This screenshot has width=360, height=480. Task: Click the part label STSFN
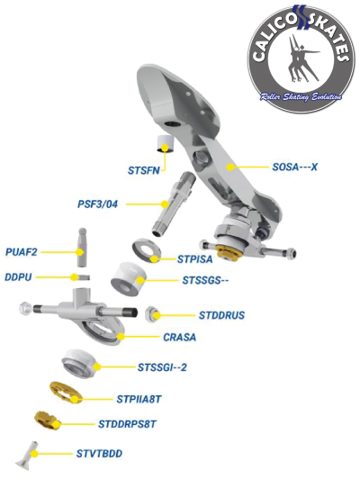[x=144, y=170]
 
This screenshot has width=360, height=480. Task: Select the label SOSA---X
[x=295, y=167]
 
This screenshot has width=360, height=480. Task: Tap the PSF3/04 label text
[x=97, y=204]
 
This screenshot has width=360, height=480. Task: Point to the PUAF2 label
[x=22, y=252]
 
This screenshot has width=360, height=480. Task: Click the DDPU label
[x=18, y=277]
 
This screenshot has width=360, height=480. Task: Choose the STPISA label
[x=194, y=259]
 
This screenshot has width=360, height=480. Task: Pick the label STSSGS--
[x=205, y=280]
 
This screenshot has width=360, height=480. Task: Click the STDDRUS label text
[x=221, y=315]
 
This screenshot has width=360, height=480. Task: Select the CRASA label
[x=179, y=337]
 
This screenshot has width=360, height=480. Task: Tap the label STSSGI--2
[x=162, y=367]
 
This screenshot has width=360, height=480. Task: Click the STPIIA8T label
[x=139, y=399]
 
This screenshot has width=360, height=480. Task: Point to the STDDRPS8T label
[x=127, y=424]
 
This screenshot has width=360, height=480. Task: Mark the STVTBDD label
[x=99, y=453]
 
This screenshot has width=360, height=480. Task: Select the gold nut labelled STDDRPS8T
[x=47, y=420]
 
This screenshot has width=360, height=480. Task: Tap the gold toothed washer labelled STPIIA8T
[x=66, y=393]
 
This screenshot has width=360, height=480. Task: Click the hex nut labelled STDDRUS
[x=152, y=313]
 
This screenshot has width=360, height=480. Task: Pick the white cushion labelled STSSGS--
[x=129, y=278]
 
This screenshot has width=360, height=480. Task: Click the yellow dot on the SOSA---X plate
[x=230, y=167]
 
